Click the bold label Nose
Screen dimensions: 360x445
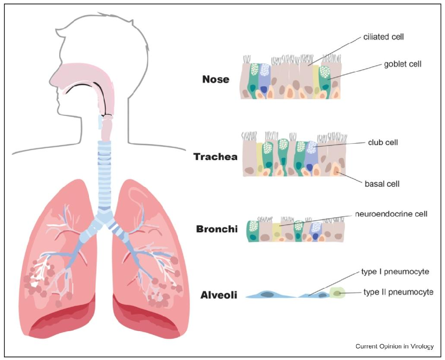(216, 80)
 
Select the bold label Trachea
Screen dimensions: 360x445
(215, 157)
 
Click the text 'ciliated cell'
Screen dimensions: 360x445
(383, 37)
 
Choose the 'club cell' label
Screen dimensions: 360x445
(383, 142)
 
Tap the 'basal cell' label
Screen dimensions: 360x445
(382, 183)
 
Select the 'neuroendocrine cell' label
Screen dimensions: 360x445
(391, 214)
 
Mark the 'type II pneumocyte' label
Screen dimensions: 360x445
(398, 292)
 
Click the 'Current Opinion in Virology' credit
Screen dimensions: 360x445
(394, 346)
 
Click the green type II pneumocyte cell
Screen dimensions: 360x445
(337, 293)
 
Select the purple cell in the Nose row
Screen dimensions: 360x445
(265, 80)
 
